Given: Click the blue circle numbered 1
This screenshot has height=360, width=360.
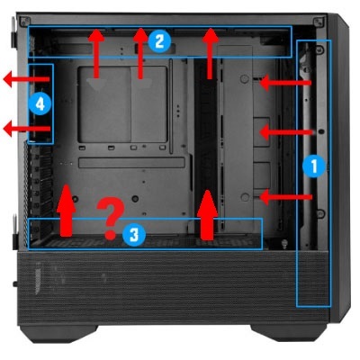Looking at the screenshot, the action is [x=314, y=166].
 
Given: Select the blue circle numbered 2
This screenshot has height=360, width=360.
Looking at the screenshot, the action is [x=159, y=41].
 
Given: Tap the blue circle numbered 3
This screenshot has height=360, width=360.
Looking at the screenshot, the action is [x=134, y=235].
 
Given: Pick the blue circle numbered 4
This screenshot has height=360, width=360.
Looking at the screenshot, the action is [x=40, y=104].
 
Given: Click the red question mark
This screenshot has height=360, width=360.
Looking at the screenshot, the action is [x=111, y=219].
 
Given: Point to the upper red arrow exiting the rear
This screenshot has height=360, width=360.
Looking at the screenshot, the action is [x=26, y=79].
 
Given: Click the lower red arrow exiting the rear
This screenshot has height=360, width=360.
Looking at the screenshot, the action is [x=26, y=129].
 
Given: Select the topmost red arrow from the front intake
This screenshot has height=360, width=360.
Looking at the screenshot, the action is [x=285, y=83].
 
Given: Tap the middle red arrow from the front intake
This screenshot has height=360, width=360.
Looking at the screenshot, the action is [x=286, y=132].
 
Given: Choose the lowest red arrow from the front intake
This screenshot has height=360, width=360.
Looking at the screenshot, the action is [x=286, y=197].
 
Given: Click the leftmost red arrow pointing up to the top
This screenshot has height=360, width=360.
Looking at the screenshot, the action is [x=96, y=53].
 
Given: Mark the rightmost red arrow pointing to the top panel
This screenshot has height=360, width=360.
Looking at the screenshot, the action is [x=211, y=54].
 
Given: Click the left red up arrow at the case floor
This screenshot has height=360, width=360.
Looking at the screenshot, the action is [x=67, y=211].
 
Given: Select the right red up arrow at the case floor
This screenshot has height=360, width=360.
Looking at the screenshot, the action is [x=207, y=215].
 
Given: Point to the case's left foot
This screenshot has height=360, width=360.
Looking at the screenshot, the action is [x=58, y=333].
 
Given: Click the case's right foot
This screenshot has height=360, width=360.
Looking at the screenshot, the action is [x=289, y=332].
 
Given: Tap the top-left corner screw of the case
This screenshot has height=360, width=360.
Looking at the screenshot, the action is [x=24, y=22].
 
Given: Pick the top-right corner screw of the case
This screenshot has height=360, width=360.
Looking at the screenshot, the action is [x=318, y=22].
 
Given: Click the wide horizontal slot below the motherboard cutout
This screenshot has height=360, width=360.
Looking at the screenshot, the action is [x=131, y=163].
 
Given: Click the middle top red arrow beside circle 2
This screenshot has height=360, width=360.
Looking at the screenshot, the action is [x=140, y=53].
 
